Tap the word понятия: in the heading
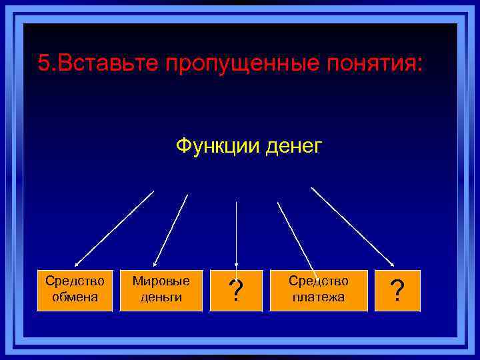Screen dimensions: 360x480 click(x=377, y=64)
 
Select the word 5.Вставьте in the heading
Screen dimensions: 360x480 click(x=97, y=64)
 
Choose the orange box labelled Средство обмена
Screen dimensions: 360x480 click(x=75, y=290)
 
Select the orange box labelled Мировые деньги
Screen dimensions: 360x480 click(x=161, y=290)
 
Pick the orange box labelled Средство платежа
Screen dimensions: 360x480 click(x=318, y=290)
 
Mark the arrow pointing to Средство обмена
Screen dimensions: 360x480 click(x=114, y=229)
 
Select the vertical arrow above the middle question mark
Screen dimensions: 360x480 click(x=236, y=233)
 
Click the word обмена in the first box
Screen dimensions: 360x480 click(x=75, y=297)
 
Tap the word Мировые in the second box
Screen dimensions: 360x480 click(x=161, y=282)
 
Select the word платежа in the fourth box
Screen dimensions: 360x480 click(x=318, y=297)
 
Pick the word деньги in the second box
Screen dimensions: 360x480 click(x=161, y=297)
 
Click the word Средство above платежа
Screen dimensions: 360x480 click(x=318, y=282)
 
